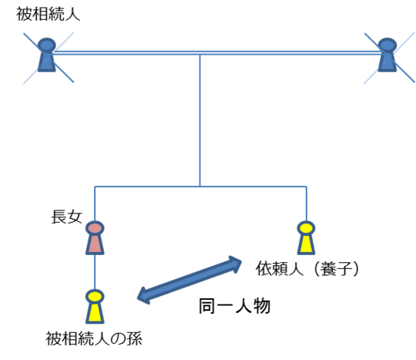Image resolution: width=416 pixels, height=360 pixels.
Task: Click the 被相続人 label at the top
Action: (48, 14)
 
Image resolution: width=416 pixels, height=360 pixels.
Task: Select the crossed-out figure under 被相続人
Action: (47, 55)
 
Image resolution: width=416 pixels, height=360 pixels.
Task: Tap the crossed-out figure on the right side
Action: (387, 55)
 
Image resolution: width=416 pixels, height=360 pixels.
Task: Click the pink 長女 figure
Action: (95, 238)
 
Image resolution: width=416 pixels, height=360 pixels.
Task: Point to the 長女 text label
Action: (66, 217)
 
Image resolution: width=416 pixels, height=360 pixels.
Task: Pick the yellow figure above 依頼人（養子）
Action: (306, 238)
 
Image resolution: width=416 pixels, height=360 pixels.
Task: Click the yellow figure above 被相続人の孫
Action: (95, 306)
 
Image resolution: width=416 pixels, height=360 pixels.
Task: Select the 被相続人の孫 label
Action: (94, 338)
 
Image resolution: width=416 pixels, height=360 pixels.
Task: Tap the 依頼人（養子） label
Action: (307, 268)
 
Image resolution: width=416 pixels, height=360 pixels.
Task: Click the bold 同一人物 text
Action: (234, 306)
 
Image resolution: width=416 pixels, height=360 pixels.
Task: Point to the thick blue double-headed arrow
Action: (190, 280)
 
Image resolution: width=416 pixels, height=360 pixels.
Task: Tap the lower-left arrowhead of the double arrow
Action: (143, 296)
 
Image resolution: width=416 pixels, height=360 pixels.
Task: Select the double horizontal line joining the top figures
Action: (217, 53)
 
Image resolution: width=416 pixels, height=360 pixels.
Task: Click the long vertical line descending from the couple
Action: (200, 121)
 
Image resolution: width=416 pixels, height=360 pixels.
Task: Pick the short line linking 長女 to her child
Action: (95, 272)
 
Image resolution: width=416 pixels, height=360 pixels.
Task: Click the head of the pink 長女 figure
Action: (95, 228)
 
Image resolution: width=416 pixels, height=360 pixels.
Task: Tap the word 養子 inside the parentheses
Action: (337, 268)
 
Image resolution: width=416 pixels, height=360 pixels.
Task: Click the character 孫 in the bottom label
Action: (135, 338)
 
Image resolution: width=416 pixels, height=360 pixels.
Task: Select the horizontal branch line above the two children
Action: (200, 187)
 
